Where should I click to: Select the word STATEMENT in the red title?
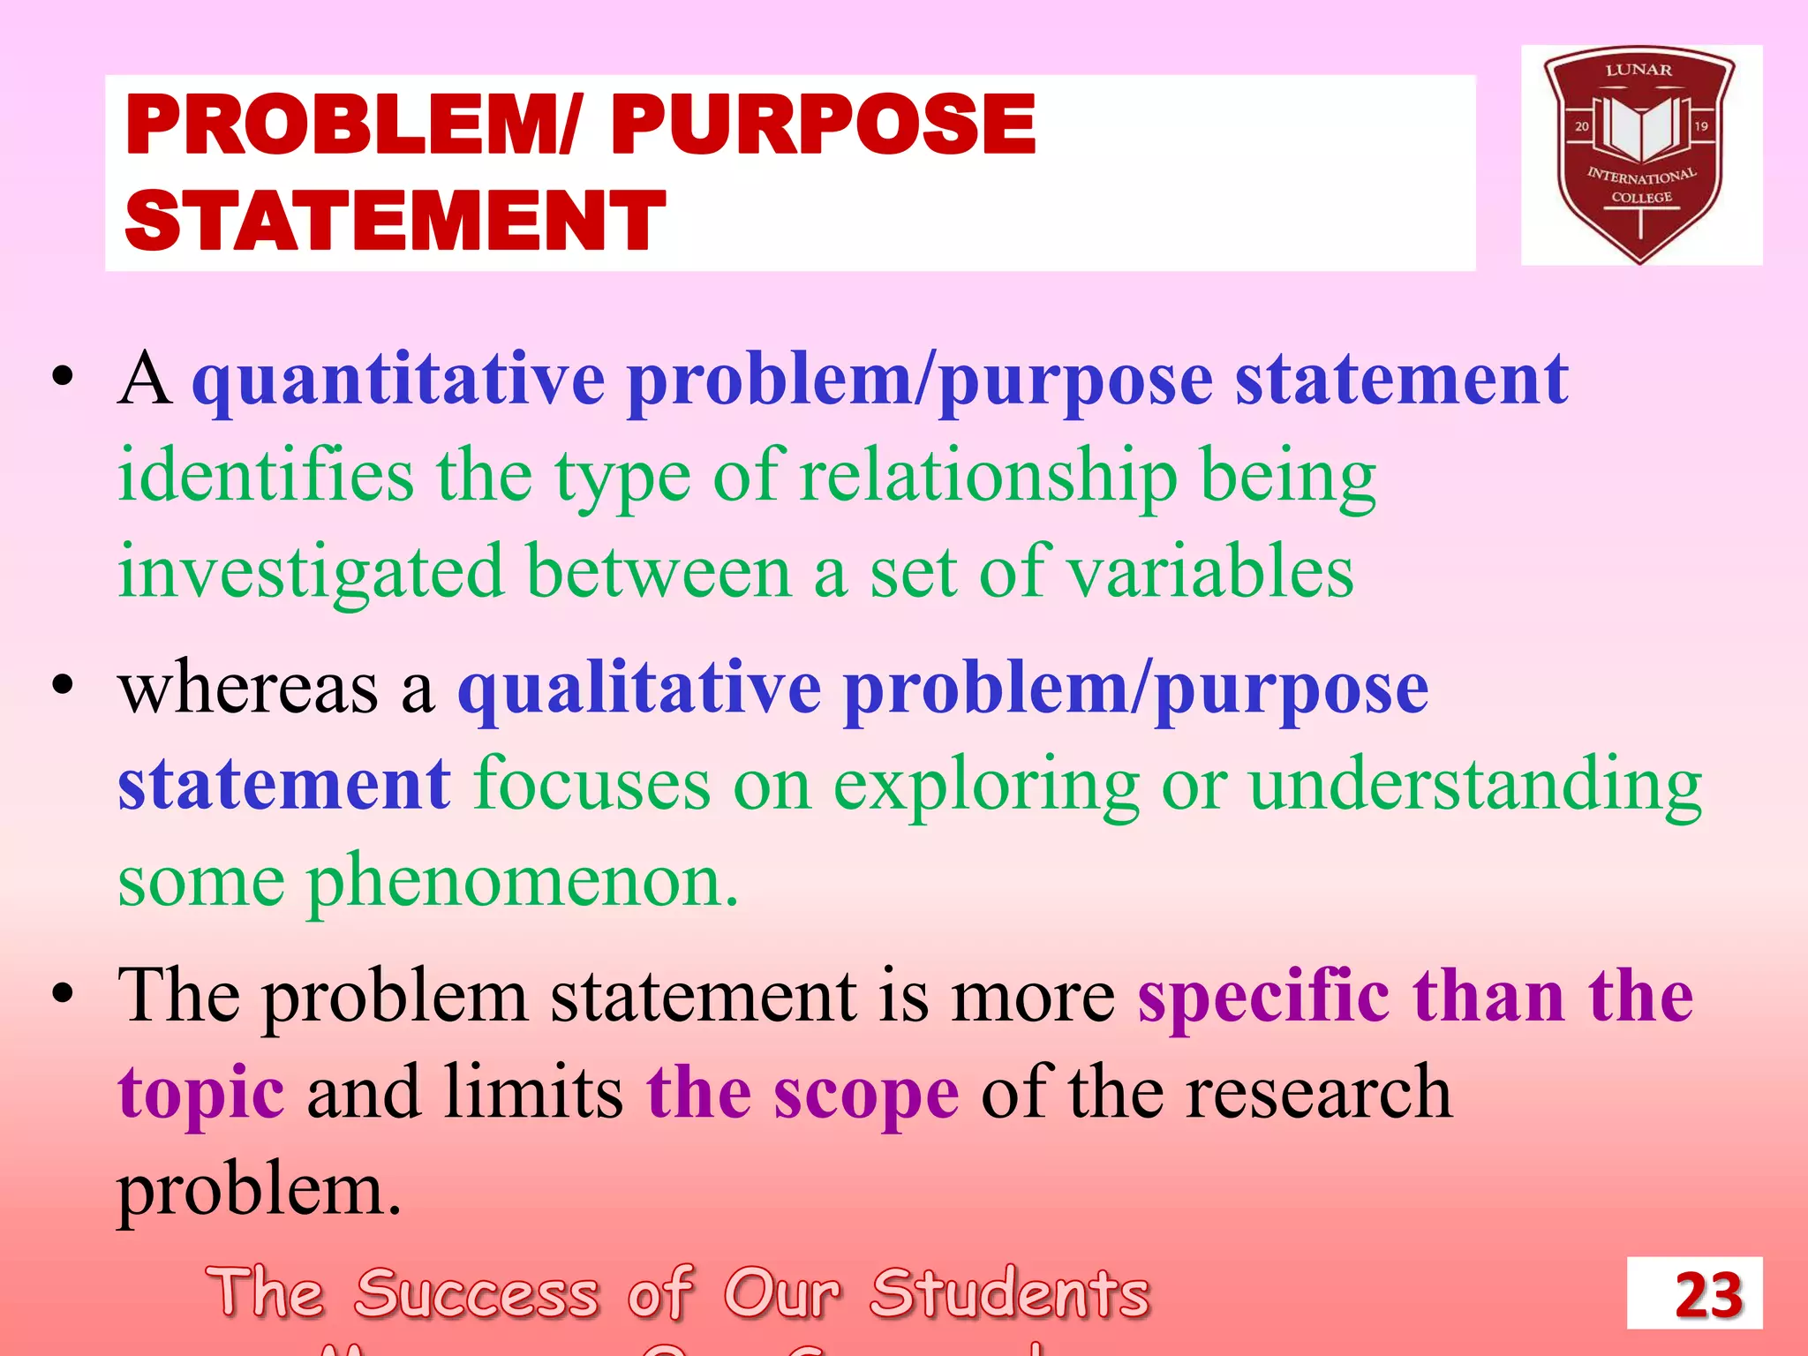tap(395, 221)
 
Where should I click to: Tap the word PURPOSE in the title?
tap(823, 125)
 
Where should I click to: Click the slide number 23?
tap(1708, 1295)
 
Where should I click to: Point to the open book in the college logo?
tap(1641, 129)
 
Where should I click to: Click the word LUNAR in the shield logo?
tap(1638, 70)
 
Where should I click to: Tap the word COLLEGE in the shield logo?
tap(1641, 198)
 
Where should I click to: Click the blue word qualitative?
tap(639, 689)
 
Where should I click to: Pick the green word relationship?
tap(989, 477)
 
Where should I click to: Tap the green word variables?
tap(1210, 573)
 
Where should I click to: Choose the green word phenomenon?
tap(522, 882)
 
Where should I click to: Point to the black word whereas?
tap(248, 689)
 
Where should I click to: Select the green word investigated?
tap(311, 573)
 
